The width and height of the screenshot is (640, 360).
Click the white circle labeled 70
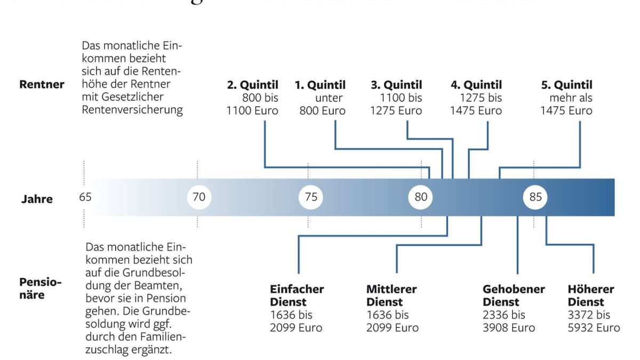point(199,197)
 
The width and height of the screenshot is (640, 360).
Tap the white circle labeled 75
point(311,197)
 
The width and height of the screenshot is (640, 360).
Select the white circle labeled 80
point(421,197)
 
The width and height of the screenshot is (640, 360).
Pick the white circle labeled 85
point(535,197)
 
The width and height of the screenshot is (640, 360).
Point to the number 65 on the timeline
point(85,197)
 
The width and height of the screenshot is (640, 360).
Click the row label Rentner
point(42,84)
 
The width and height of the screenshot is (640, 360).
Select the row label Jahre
point(37,199)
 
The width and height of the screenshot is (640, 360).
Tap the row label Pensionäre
point(41,288)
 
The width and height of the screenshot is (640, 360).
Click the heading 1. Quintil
point(320,85)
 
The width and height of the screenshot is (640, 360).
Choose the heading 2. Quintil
point(253,85)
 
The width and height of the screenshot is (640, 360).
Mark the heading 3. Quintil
point(396,85)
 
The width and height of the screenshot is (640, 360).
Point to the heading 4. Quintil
point(476,85)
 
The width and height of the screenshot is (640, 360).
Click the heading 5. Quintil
point(566,85)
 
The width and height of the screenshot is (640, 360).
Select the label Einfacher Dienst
point(297,295)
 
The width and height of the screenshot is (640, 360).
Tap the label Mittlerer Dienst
point(391,295)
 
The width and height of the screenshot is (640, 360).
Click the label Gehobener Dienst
point(514,295)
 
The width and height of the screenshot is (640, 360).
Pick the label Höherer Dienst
point(591,295)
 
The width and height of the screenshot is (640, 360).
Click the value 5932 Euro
point(594,327)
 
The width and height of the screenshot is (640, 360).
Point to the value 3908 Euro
point(509,327)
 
